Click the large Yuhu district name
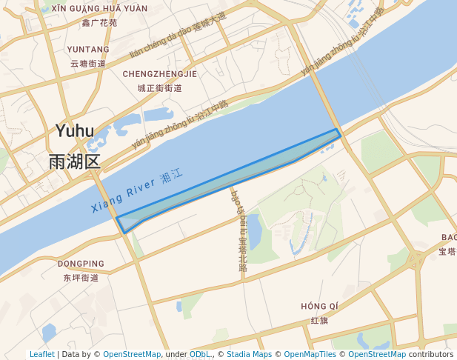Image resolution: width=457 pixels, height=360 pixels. pyautogui.click(x=75, y=132)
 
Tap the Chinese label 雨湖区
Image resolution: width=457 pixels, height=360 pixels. pyautogui.click(x=74, y=161)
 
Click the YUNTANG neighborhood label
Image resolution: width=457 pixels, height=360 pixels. pyautogui.click(x=88, y=50)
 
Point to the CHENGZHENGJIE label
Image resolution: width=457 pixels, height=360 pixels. pyautogui.click(x=160, y=74)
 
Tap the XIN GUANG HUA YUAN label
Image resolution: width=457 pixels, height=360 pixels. pyautogui.click(x=99, y=9)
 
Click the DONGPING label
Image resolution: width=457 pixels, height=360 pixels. pyautogui.click(x=81, y=264)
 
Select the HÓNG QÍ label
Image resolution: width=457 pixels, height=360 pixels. pyautogui.click(x=320, y=307)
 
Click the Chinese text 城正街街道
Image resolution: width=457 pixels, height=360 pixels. pyautogui.click(x=160, y=88)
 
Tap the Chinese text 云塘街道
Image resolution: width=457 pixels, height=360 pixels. pyautogui.click(x=88, y=64)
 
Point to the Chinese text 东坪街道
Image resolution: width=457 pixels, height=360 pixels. pyautogui.click(x=81, y=278)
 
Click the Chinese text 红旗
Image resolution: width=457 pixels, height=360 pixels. pyautogui.click(x=320, y=321)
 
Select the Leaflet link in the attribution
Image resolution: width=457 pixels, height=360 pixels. pyautogui.click(x=42, y=355)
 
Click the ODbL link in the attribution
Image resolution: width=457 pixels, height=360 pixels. pyautogui.click(x=200, y=355)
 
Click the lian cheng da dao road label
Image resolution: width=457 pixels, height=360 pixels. pyautogui.click(x=178, y=35)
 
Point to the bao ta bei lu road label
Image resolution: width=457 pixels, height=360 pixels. pyautogui.click(x=238, y=230)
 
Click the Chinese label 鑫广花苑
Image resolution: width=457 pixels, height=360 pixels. pyautogui.click(x=99, y=23)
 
